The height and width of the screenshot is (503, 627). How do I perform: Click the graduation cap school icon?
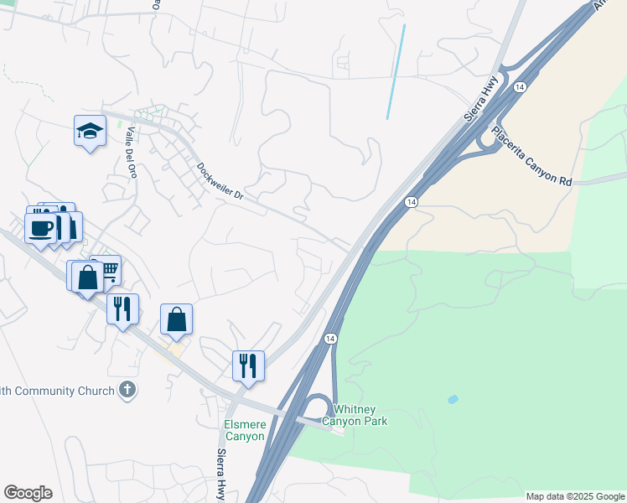coord(90,131)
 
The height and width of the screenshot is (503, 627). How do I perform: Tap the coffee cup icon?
coord(40,227)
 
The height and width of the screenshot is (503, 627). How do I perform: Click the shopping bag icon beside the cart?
coord(88,277)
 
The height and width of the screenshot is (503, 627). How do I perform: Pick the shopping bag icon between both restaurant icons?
coord(176,319)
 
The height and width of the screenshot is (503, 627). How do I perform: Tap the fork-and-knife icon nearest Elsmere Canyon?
coord(248,366)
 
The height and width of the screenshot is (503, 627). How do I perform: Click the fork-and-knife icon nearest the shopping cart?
coord(122,309)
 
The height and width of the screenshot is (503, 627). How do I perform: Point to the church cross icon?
coord(127,389)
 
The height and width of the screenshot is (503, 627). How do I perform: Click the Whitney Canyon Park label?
coord(360,415)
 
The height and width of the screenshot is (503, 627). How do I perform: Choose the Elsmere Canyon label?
coord(245,430)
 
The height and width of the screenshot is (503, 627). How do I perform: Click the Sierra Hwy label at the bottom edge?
coord(222,476)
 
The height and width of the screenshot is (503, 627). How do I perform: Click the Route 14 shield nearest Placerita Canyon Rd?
coord(520,87)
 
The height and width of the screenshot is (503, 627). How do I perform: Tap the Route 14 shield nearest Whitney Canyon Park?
coord(331,338)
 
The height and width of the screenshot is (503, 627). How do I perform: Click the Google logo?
coord(28,493)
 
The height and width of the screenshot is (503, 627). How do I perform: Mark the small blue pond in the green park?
coord(453,399)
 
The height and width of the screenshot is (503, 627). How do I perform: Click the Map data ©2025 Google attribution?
coord(574,496)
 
